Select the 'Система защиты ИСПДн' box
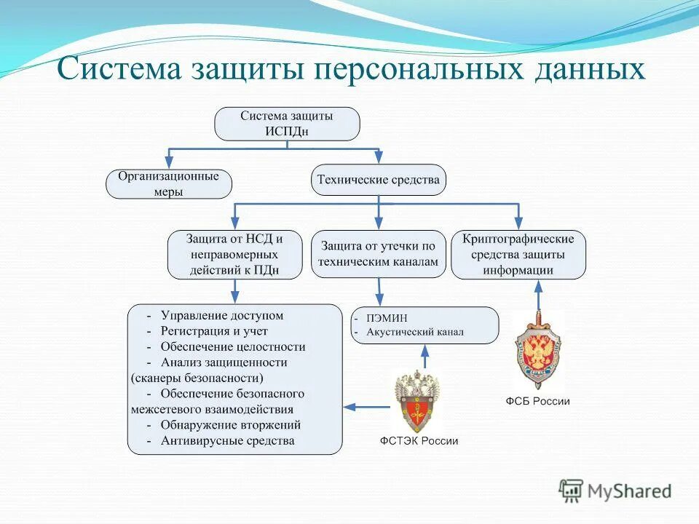click(x=287, y=124)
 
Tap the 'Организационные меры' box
click(x=168, y=184)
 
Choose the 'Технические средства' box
click(x=379, y=180)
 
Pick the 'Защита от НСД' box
click(x=234, y=255)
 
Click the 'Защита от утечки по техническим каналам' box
click(x=379, y=254)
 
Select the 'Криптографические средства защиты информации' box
click(x=518, y=255)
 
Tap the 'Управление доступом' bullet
click(x=221, y=316)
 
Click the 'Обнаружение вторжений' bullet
click(x=231, y=425)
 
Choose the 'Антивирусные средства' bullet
click(x=227, y=440)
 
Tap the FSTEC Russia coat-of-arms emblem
click(x=418, y=401)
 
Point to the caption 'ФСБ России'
click(x=538, y=401)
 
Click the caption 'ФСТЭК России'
click(x=419, y=441)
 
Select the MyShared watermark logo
click(x=615, y=490)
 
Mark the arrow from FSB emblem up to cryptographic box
click(x=538, y=295)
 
